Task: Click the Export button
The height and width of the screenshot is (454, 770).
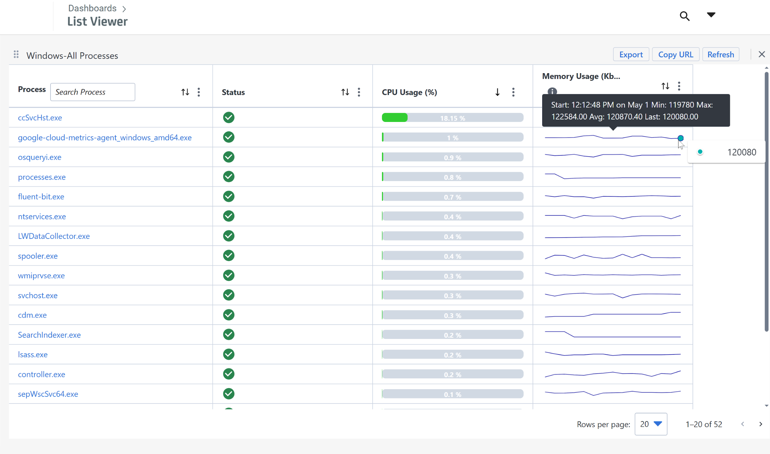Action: (x=631, y=55)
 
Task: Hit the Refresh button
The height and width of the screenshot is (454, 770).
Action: (x=720, y=55)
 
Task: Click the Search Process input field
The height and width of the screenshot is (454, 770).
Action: (x=92, y=92)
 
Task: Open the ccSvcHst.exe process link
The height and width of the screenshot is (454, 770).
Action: (x=40, y=118)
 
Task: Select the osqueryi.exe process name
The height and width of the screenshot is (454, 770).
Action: (x=40, y=157)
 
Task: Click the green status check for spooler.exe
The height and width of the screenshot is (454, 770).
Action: (x=229, y=256)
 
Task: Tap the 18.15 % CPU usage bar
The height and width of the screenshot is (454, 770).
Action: (x=452, y=118)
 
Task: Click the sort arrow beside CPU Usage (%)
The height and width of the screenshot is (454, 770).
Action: (x=497, y=92)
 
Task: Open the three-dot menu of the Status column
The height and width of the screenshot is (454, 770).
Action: (x=359, y=92)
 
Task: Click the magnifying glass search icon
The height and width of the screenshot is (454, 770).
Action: (x=685, y=16)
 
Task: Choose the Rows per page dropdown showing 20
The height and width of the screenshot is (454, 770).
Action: (x=651, y=424)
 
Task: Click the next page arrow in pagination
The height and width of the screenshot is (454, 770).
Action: (x=761, y=424)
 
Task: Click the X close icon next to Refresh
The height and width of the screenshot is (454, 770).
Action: (x=762, y=55)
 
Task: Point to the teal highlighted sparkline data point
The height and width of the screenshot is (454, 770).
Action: (x=681, y=138)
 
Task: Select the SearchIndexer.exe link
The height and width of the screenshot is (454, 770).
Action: (x=49, y=335)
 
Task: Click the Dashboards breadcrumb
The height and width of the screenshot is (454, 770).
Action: (x=92, y=8)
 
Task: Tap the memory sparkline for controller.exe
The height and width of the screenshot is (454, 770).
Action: (x=613, y=374)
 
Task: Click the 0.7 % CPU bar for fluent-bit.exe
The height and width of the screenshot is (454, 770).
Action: (x=452, y=197)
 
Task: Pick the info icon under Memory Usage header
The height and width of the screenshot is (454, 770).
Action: (x=552, y=91)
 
